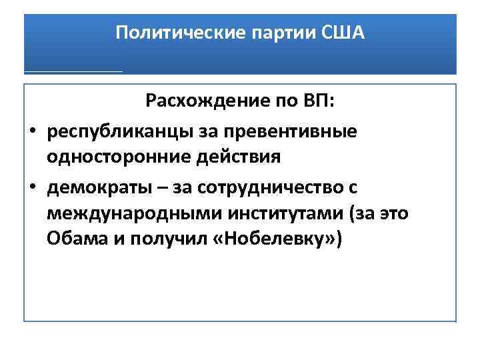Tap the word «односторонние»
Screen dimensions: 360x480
[109, 157]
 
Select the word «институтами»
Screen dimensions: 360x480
[267, 213]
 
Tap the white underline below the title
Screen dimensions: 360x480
[73, 70]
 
